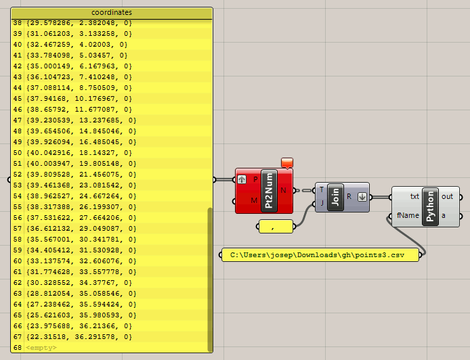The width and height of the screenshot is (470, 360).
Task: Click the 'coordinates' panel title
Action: [x=112, y=13]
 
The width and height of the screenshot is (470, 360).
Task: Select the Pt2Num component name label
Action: [x=269, y=191]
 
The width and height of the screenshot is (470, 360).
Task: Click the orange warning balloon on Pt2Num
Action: [x=287, y=163]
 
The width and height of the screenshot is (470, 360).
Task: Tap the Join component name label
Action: [x=335, y=197]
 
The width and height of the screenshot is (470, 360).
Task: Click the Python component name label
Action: [x=430, y=206]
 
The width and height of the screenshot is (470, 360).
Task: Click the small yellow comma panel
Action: [x=276, y=227]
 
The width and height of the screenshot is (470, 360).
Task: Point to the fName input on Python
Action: [x=408, y=215]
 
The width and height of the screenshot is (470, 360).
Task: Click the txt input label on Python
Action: [x=414, y=196]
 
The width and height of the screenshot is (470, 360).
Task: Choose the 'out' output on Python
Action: [x=447, y=196]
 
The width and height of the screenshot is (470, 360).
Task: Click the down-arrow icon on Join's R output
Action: [x=362, y=197]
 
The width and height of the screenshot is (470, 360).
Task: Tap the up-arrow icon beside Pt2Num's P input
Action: [x=242, y=179]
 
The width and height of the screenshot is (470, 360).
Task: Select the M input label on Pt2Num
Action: [x=254, y=200]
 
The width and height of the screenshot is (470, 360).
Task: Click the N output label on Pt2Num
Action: [x=283, y=190]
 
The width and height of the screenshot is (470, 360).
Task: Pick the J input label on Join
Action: [x=322, y=203]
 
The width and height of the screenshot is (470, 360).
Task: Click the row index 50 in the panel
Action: [x=18, y=153]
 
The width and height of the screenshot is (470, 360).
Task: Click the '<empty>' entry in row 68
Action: [x=41, y=348]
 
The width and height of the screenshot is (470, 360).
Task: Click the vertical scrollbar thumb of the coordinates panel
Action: [x=210, y=279]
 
